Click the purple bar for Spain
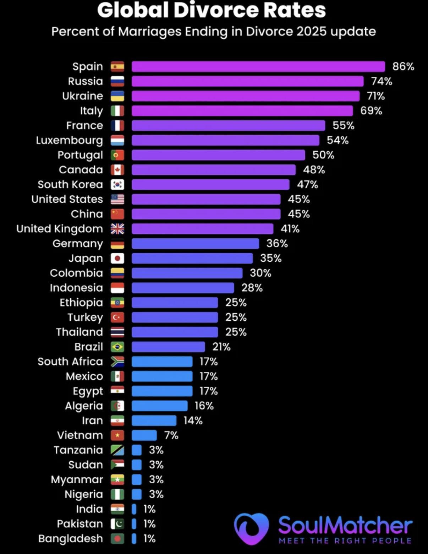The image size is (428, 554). tap(258, 66)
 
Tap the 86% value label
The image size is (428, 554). tap(403, 66)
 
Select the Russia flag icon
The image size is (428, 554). tap(117, 81)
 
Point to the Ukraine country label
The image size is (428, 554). tap(82, 96)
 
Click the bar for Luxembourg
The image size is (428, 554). tap(225, 140)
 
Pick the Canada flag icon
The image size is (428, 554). tap(117, 170)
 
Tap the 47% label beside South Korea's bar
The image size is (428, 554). tap(307, 185)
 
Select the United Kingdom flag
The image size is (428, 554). tap(117, 229)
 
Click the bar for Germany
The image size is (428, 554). tap(195, 244)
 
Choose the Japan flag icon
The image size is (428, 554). tap(117, 258)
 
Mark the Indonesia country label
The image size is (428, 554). tap(76, 288)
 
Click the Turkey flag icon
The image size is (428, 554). tap(117, 317)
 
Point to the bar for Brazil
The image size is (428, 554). tap(168, 347)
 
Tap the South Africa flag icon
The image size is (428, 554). tap(117, 362)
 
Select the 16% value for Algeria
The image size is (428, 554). tap(204, 406)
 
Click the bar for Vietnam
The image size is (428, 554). tap(144, 435)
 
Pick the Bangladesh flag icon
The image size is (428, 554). tap(117, 539)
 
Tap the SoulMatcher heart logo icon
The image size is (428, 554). tap(251, 528)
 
